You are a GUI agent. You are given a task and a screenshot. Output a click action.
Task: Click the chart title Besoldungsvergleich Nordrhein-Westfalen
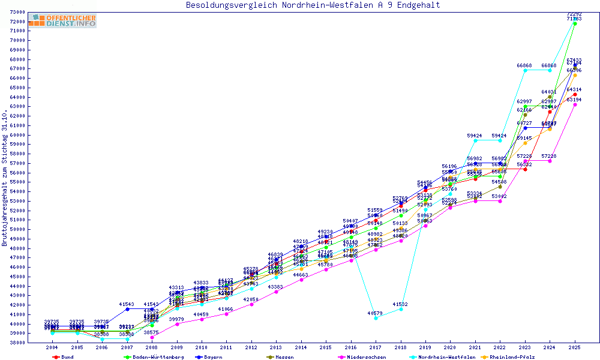(313, 5)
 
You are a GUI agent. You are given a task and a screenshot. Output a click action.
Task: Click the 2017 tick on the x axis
(376, 347)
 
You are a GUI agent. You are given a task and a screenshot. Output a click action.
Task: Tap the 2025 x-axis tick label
(575, 347)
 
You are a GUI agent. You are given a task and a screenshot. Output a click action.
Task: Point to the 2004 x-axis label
(52, 347)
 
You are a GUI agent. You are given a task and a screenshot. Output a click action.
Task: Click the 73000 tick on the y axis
(33, 12)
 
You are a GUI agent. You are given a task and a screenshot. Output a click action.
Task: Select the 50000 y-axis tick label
(33, 229)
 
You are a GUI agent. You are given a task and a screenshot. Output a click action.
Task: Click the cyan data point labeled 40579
(376, 318)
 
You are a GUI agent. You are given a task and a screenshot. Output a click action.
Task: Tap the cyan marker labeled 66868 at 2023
(525, 70)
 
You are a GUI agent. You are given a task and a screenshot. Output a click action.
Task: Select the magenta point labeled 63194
(575, 104)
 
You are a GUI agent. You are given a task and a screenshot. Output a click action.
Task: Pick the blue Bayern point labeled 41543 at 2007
(127, 309)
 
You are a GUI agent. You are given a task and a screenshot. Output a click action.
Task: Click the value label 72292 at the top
(574, 14)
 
